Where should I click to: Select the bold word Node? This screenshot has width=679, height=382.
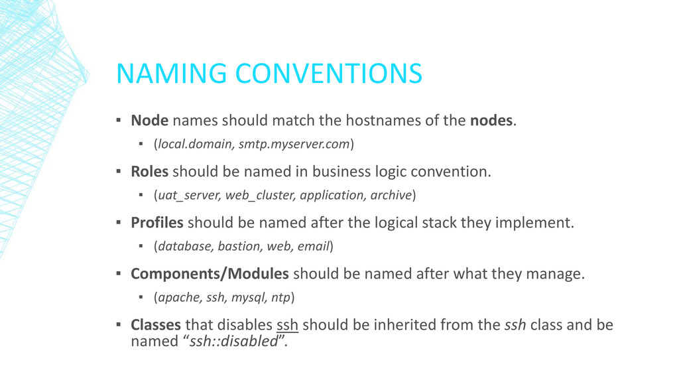(149, 121)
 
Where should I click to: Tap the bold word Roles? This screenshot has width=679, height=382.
(150, 172)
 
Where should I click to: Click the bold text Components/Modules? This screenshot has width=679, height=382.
(210, 274)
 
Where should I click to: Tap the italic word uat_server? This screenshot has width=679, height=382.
(188, 196)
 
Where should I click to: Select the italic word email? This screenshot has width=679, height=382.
(314, 247)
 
